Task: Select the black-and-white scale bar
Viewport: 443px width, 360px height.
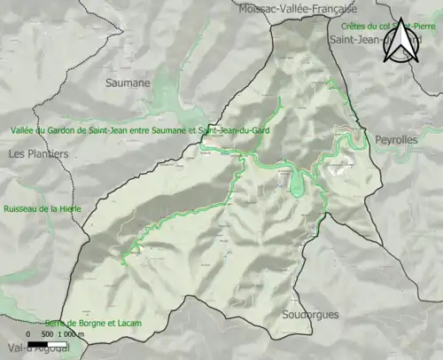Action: pos(43,344)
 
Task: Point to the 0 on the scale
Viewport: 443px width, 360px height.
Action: pos(28,335)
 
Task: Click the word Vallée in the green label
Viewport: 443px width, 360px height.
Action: pos(25,130)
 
